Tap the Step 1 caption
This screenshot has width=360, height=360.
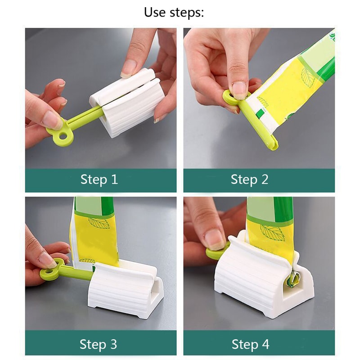pyautogui.click(x=99, y=180)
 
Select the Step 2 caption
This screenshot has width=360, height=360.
pyautogui.click(x=249, y=180)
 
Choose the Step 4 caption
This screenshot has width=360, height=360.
pyautogui.click(x=250, y=345)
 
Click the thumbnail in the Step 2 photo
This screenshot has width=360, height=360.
pyautogui.click(x=239, y=88)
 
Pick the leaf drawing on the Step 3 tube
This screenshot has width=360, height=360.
pyautogui.click(x=98, y=222)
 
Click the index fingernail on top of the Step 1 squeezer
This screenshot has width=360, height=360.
pyautogui.click(x=129, y=67)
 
